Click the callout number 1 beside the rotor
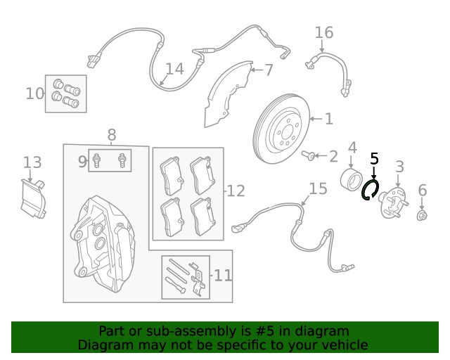click(x=328, y=119)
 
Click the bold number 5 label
click(x=374, y=160)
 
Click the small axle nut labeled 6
click(x=422, y=214)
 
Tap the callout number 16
click(x=323, y=33)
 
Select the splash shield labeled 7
click(x=228, y=95)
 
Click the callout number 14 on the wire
click(x=174, y=69)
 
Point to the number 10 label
click(x=34, y=93)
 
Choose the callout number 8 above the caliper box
click(x=111, y=134)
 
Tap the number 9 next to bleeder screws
click(x=82, y=162)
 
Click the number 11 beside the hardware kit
click(x=222, y=275)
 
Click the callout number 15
click(x=318, y=188)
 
